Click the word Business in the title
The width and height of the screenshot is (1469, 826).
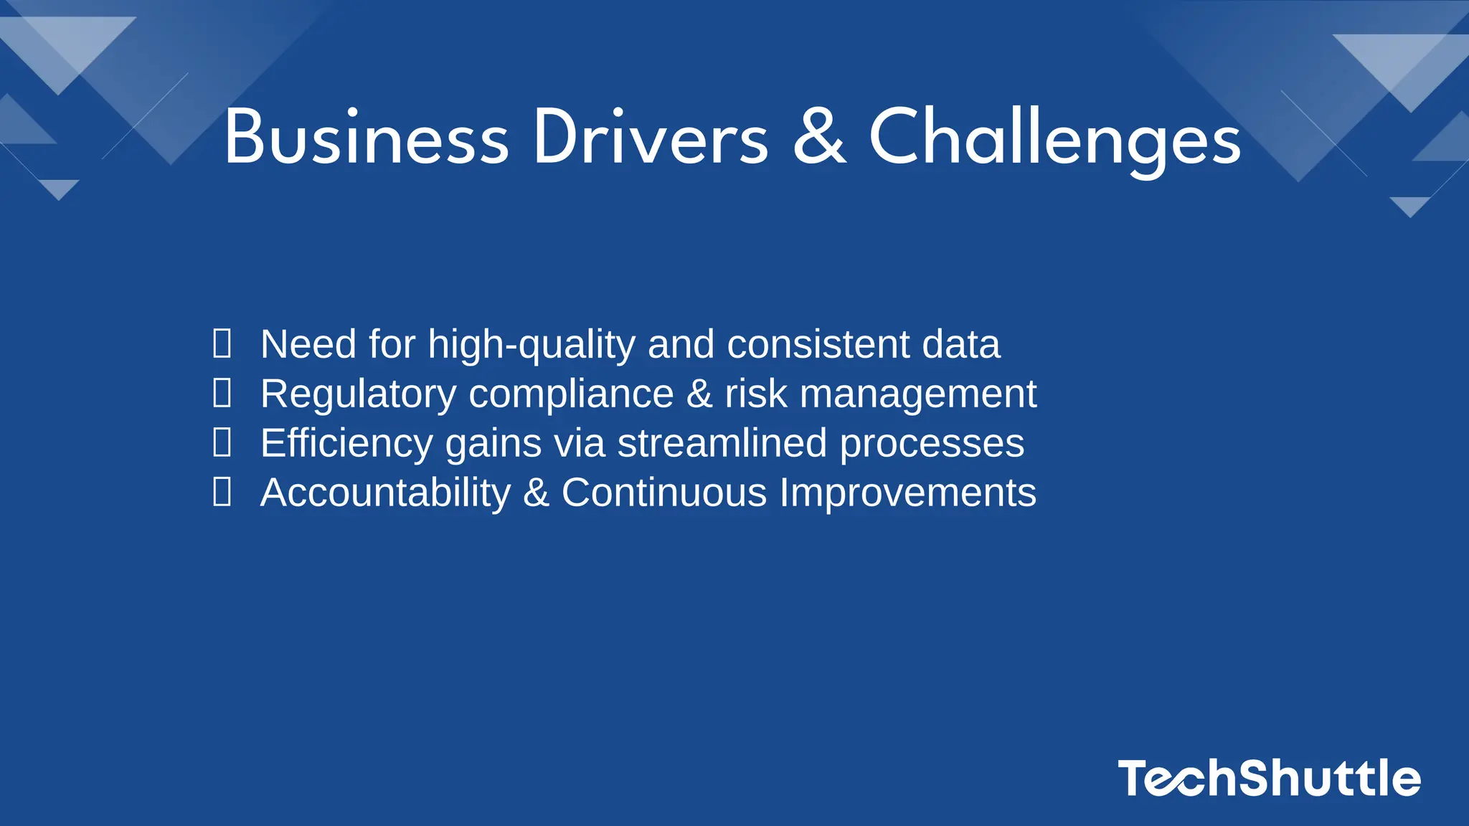point(366,137)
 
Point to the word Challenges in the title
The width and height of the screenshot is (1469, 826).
point(1055,137)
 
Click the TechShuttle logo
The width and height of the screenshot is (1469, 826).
point(1269,778)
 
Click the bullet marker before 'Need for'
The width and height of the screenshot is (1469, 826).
point(222,343)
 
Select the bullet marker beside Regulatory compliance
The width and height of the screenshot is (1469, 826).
point(222,393)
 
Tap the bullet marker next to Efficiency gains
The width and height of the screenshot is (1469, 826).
point(222,442)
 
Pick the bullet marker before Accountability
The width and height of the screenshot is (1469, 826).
point(222,492)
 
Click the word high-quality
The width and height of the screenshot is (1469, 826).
point(532,345)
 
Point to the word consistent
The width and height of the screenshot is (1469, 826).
point(818,344)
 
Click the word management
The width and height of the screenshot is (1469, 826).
point(918,394)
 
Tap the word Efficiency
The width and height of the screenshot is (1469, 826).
point(346,444)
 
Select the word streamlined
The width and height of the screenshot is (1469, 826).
point(722,443)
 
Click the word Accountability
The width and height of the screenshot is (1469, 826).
point(386,493)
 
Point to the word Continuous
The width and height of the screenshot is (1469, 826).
point(664,493)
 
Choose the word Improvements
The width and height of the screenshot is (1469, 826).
point(908,493)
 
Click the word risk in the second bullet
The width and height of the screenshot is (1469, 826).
point(756,394)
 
